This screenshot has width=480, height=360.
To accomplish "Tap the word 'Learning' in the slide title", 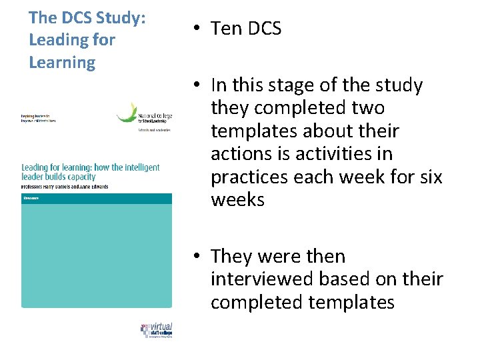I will [62, 63].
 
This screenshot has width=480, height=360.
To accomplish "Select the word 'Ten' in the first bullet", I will [225, 29].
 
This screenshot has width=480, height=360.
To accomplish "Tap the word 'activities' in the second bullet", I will [333, 154].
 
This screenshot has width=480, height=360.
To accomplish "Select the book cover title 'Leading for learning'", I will [90, 171].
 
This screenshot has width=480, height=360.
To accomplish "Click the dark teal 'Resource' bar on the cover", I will [96, 198].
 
